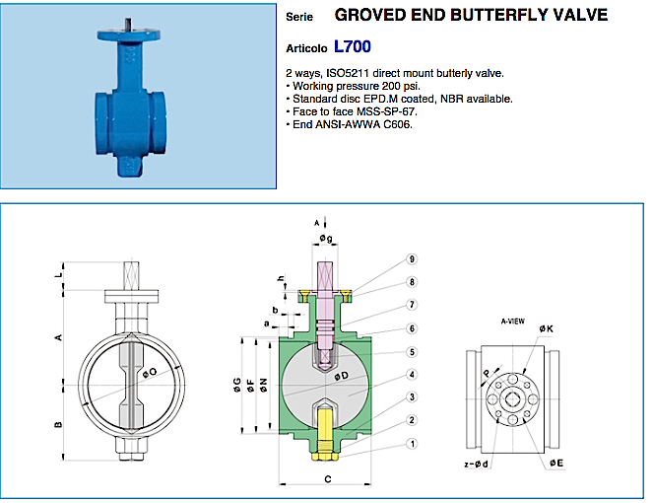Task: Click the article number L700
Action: (353, 45)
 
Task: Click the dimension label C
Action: (326, 480)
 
